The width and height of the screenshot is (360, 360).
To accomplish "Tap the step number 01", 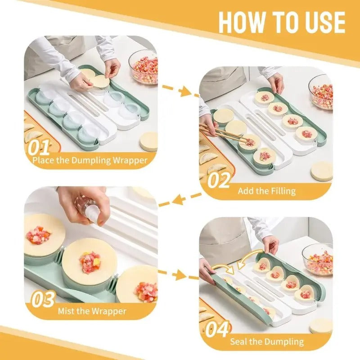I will coord(39,148).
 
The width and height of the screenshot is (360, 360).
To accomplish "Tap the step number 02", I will coord(219,180).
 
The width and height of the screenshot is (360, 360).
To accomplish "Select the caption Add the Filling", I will coord(267,191).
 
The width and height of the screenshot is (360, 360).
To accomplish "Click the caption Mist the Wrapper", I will coord(92,311).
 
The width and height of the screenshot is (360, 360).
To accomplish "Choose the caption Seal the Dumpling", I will coord(267,342).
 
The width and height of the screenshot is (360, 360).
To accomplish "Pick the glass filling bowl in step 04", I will coord(319,260).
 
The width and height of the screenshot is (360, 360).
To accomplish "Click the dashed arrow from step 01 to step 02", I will coord(180,90).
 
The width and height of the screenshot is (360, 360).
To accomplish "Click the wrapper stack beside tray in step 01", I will coord(149,141).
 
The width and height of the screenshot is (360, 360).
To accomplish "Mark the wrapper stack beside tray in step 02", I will coord(322,171).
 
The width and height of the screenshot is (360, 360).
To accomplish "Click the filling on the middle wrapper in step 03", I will coord(90,262).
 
